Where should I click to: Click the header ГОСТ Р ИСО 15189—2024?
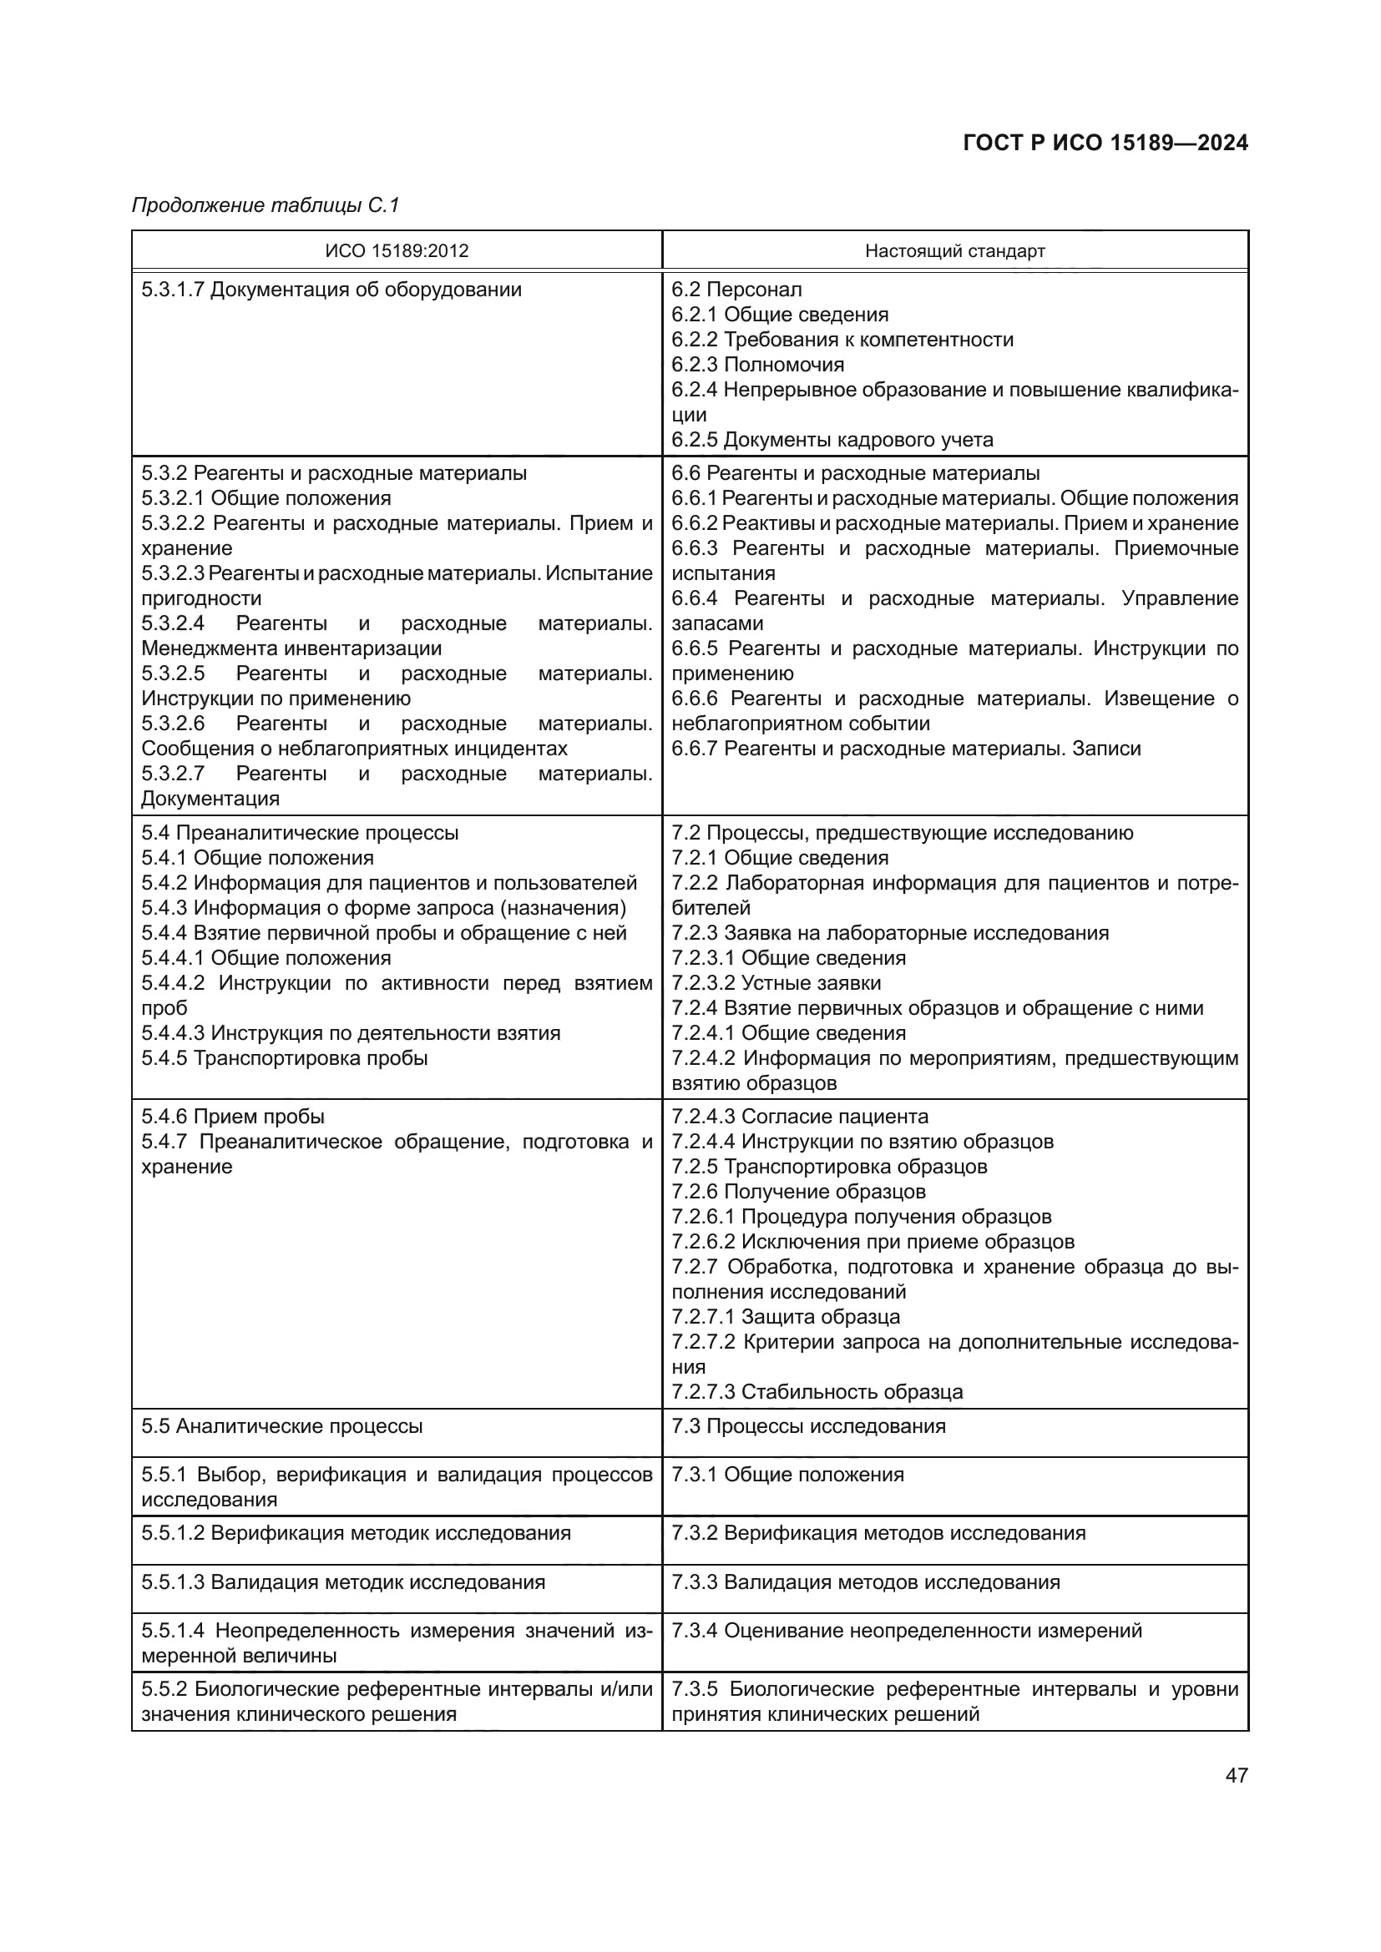1105,143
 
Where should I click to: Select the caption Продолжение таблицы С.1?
266,205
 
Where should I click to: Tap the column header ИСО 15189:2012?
397,251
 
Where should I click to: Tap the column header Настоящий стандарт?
954,251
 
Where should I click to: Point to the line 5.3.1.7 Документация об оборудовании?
331,290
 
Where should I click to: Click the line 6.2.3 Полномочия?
757,365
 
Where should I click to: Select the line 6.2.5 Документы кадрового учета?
832,440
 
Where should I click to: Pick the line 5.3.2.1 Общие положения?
266,498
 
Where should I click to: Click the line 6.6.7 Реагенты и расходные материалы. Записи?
906,749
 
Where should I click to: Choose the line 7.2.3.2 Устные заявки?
776,983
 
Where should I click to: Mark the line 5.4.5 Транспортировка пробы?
284,1058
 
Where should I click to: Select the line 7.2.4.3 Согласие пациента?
799,1117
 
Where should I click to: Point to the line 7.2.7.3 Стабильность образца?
817,1392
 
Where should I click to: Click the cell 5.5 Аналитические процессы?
281,1425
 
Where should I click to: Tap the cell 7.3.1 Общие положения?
787,1475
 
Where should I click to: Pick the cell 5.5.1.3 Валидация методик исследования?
342,1582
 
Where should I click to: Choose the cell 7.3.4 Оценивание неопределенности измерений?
907,1631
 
